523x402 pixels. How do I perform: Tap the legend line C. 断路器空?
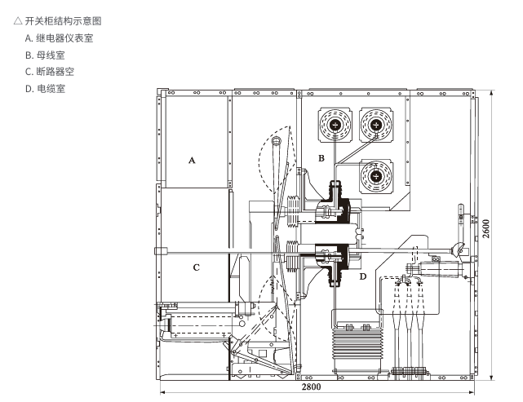coord(50,72)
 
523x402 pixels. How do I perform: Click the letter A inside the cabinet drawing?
coord(192,161)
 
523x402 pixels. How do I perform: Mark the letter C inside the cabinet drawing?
coord(196,267)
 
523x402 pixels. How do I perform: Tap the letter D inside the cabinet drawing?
coord(363,277)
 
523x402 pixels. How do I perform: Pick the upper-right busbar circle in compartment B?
coord(376,125)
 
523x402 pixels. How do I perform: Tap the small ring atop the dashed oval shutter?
coord(277,143)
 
